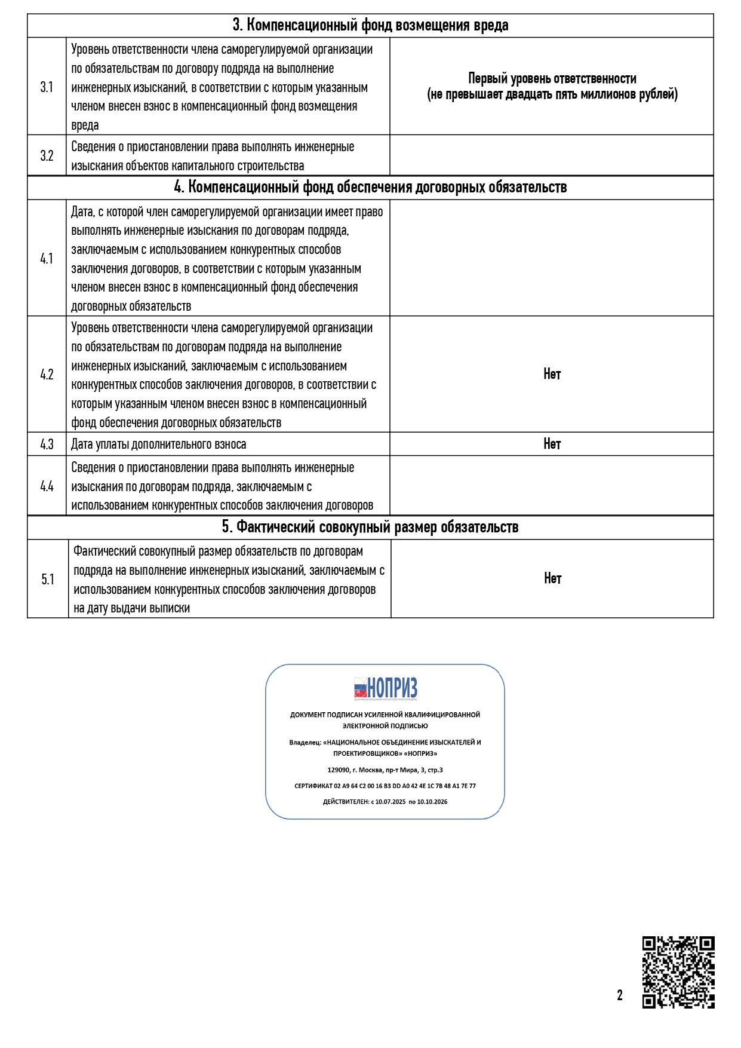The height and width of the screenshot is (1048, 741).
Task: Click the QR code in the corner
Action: pos(678,972)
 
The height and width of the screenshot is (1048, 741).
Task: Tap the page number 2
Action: pos(620,995)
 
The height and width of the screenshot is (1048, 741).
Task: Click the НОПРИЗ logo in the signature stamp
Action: pos(386,688)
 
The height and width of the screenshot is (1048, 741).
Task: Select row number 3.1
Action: pos(47,87)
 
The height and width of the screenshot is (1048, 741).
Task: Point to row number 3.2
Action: pos(47,156)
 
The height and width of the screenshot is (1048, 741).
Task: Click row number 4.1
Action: pos(47,259)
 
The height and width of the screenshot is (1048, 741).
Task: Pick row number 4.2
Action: pos(47,375)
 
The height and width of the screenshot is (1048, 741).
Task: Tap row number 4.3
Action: pos(47,445)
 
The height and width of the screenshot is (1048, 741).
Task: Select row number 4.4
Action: pos(47,486)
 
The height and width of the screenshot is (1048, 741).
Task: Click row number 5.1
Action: pos(48,580)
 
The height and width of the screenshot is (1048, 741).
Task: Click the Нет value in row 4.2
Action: pos(552,374)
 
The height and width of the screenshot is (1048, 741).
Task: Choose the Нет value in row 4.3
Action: pos(552,444)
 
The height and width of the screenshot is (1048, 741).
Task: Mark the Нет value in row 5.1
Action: pos(552,578)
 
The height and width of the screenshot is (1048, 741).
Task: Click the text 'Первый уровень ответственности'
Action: pos(552,79)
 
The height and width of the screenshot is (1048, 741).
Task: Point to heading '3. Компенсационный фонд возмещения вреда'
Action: pos(370,26)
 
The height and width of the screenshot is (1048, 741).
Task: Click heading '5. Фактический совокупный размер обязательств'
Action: pos(370,527)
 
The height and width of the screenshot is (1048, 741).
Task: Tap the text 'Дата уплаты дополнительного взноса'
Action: pos(158,445)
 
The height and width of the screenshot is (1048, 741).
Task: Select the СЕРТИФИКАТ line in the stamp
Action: pos(385,786)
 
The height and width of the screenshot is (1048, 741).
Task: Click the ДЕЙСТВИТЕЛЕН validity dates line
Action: pos(385,802)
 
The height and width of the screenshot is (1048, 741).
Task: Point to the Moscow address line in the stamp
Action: pos(385,770)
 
